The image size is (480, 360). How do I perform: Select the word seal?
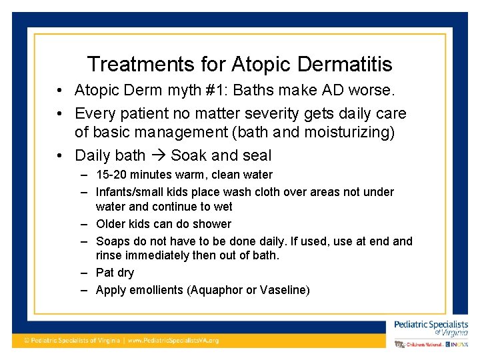tap(256, 156)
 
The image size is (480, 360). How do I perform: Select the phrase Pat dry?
tap(115, 273)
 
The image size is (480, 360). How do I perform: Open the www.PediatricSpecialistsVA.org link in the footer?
tap(173, 340)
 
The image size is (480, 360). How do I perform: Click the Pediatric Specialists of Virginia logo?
tap(431, 328)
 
